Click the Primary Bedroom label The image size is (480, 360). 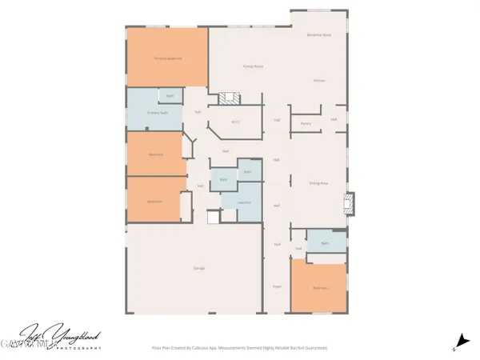[x=167, y=58]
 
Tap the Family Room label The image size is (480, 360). [x=253, y=66]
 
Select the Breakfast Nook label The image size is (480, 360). [x=319, y=35]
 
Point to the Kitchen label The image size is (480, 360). [x=319, y=81]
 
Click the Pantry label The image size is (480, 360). [x=306, y=123]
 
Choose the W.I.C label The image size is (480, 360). [x=235, y=122]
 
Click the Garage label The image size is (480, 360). [x=199, y=268]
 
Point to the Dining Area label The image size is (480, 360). [x=319, y=184]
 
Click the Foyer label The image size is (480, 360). [x=277, y=286]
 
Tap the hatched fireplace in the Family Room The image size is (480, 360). [x=230, y=98]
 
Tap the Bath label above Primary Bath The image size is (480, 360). [x=170, y=96]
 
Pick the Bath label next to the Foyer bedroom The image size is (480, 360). [x=326, y=242]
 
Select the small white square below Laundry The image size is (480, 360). [x=213, y=216]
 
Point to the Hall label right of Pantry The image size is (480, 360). [x=334, y=120]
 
